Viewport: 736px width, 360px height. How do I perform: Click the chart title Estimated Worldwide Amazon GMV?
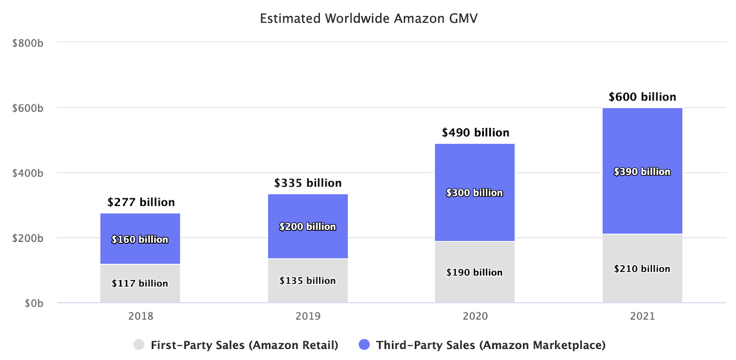coord(368,18)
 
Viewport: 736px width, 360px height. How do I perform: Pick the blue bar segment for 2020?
coord(475,216)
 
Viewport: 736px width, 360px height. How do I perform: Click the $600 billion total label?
coord(642,97)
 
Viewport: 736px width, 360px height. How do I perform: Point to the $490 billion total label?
coord(475,133)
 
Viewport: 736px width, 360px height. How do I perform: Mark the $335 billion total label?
coord(308,183)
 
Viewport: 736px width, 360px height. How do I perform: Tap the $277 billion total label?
coord(141,202)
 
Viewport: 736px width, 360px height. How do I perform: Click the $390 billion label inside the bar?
coord(642,172)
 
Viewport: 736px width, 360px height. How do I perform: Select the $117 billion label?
coord(140,284)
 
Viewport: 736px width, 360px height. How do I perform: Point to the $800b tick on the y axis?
coord(28,43)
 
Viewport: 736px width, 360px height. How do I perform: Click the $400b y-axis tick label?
coord(28,173)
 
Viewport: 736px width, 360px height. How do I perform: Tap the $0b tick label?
coord(34,303)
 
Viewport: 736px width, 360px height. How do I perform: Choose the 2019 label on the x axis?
coord(308,316)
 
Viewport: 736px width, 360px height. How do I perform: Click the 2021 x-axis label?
coord(642,316)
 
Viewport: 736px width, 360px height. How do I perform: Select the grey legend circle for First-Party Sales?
coord(138,344)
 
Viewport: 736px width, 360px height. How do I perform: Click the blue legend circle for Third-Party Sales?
coord(364,344)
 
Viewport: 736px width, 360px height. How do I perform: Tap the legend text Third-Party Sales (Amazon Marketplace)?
coord(490,345)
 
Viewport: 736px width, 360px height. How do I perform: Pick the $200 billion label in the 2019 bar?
coord(308,227)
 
